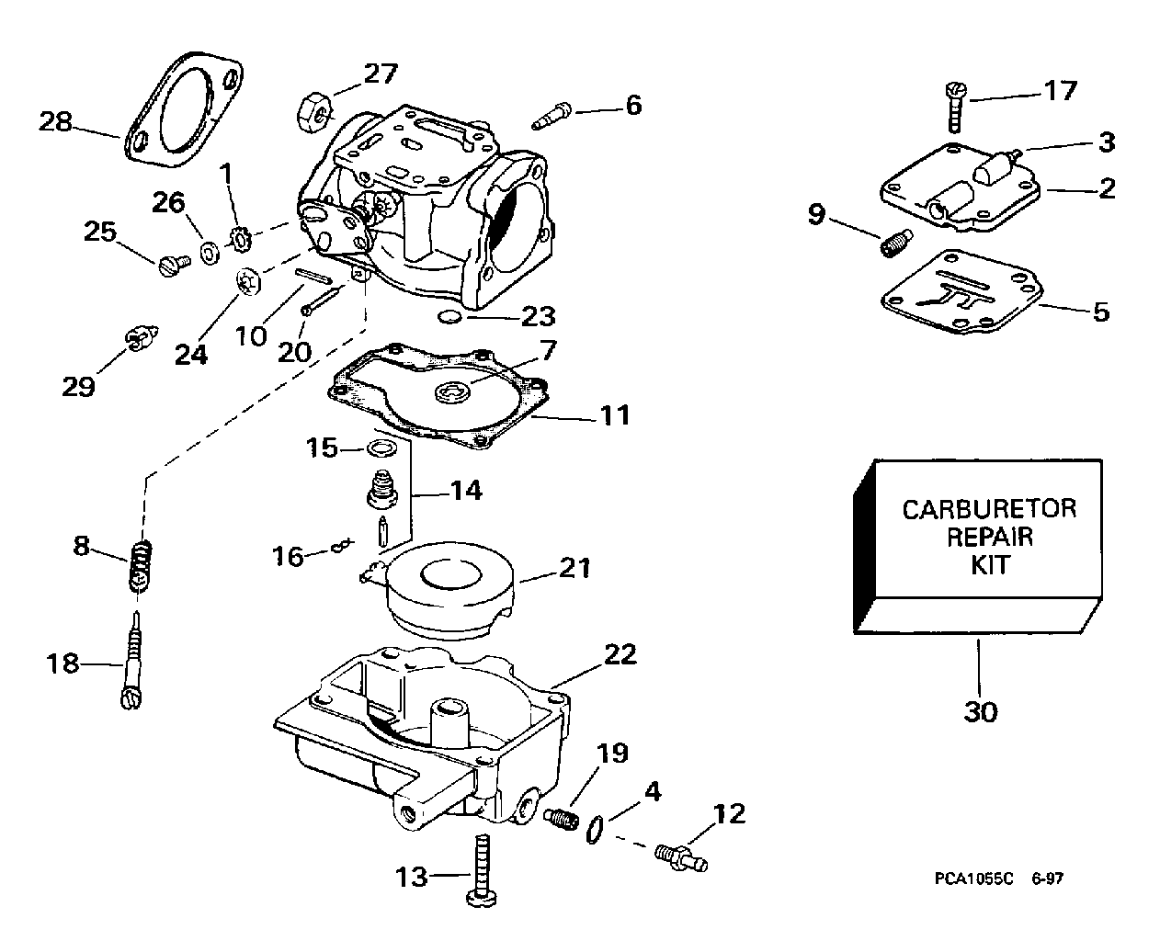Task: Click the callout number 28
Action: [x=55, y=121]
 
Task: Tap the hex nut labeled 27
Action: [x=314, y=112]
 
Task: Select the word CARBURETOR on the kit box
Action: [x=989, y=509]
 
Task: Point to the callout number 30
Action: [x=980, y=712]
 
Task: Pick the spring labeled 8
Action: [x=141, y=566]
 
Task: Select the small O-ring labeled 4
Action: [x=595, y=829]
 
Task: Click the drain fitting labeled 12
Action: [x=681, y=857]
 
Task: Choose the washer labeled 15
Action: [x=381, y=449]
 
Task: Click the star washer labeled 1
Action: [x=240, y=239]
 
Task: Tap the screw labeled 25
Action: [x=175, y=266]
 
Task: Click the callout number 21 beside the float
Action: [x=575, y=568]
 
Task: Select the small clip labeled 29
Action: [x=142, y=337]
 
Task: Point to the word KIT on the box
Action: [x=990, y=565]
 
